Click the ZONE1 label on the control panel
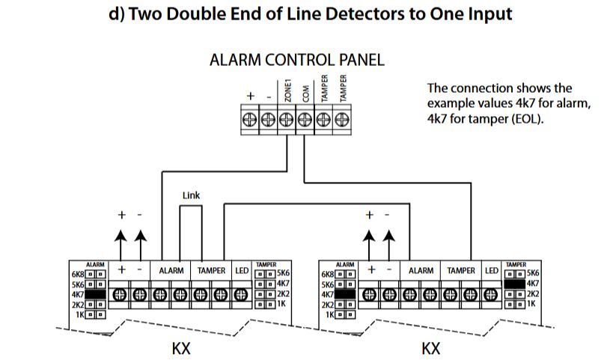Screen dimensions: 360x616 [x=287, y=93]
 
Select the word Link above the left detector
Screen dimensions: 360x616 [x=191, y=195]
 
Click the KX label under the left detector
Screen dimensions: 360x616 [x=181, y=348]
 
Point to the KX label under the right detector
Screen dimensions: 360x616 [x=430, y=348]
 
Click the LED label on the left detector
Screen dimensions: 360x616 [x=243, y=270]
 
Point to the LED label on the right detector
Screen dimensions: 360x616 [x=491, y=270]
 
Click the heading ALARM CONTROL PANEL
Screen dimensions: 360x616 [x=297, y=61]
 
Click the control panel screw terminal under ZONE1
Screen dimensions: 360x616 [x=288, y=119]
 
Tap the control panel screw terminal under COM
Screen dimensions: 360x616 [x=305, y=119]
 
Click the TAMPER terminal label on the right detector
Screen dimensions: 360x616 [x=461, y=270]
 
